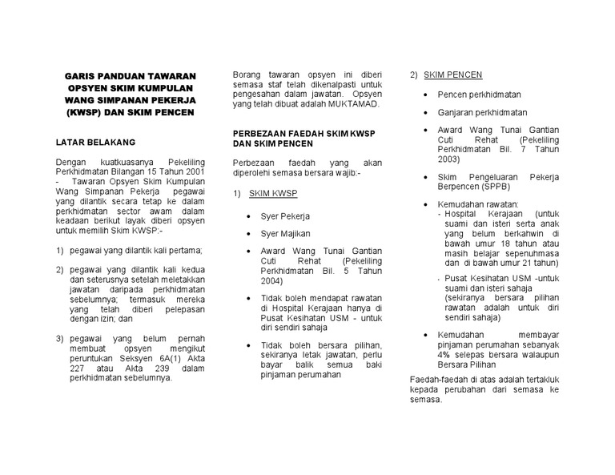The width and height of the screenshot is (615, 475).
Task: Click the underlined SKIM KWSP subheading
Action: tap(274, 194)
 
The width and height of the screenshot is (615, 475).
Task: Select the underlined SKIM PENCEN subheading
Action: tap(452, 74)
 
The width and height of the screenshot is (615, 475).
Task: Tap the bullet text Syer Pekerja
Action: tap(285, 216)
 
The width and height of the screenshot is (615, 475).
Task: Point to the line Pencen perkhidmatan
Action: tap(479, 95)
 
